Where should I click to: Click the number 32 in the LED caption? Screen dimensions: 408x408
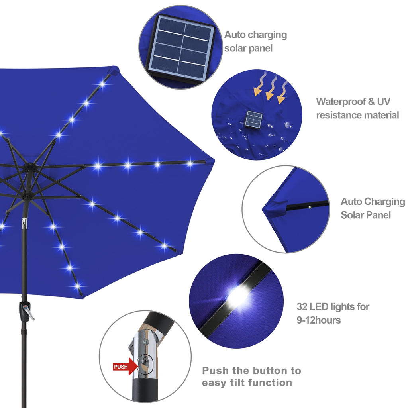[302, 307]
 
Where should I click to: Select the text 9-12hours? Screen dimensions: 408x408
[318, 320]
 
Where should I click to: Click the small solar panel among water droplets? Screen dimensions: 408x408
[254, 119]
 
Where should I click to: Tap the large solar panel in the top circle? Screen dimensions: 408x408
[181, 47]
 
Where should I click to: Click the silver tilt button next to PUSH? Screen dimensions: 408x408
[144, 363]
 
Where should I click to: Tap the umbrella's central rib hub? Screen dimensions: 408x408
[29, 165]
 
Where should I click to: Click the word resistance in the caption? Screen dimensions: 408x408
[338, 116]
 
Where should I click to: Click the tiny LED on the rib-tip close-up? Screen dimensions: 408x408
[309, 206]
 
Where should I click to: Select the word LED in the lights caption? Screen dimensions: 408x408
[320, 307]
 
